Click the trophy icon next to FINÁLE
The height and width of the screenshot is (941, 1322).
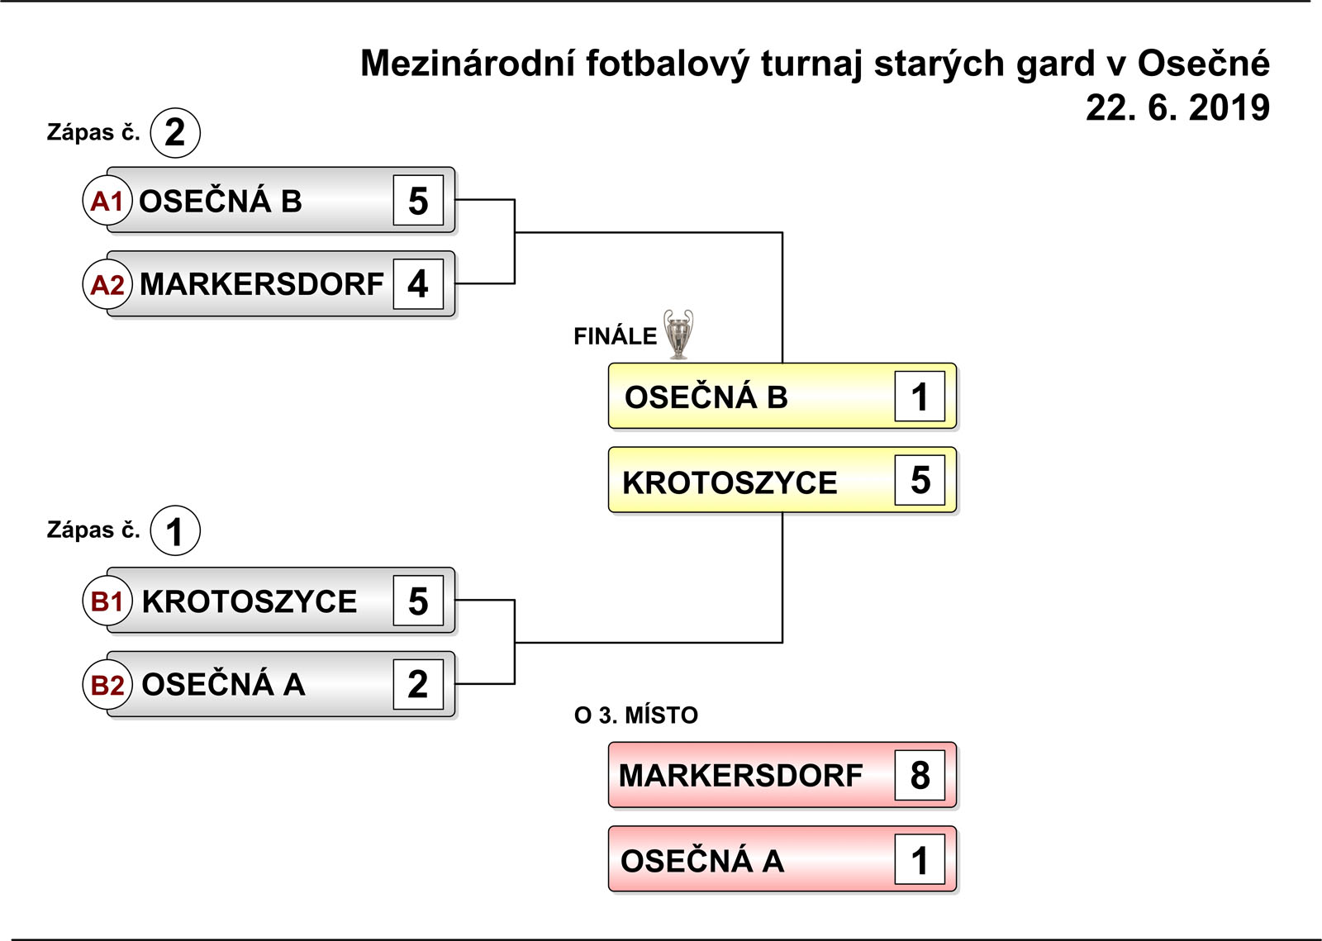click(678, 334)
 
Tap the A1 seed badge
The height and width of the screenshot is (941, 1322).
click(107, 201)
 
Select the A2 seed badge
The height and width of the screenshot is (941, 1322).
click(107, 284)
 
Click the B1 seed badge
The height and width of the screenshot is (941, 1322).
click(107, 601)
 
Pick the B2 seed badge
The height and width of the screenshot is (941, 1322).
click(107, 684)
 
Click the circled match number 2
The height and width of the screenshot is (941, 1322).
click(175, 133)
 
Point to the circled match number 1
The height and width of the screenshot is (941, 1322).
click(175, 530)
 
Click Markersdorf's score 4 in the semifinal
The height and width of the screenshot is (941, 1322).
click(418, 283)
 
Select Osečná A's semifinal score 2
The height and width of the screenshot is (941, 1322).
click(418, 684)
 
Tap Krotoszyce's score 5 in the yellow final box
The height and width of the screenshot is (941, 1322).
click(920, 480)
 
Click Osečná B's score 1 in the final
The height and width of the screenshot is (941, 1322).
click(920, 396)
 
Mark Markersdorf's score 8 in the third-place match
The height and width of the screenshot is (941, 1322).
click(920, 775)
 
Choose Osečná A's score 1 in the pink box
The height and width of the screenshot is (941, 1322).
click(920, 859)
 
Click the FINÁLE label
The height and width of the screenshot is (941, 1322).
click(615, 335)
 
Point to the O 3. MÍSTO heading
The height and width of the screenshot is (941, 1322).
click(636, 715)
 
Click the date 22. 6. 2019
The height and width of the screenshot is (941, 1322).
click(1177, 108)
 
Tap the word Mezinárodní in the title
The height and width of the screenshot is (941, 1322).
click(468, 63)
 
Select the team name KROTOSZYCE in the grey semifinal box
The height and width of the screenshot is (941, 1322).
click(249, 601)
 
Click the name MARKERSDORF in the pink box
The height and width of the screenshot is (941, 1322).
click(740, 775)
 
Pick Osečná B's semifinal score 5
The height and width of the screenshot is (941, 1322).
click(418, 200)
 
